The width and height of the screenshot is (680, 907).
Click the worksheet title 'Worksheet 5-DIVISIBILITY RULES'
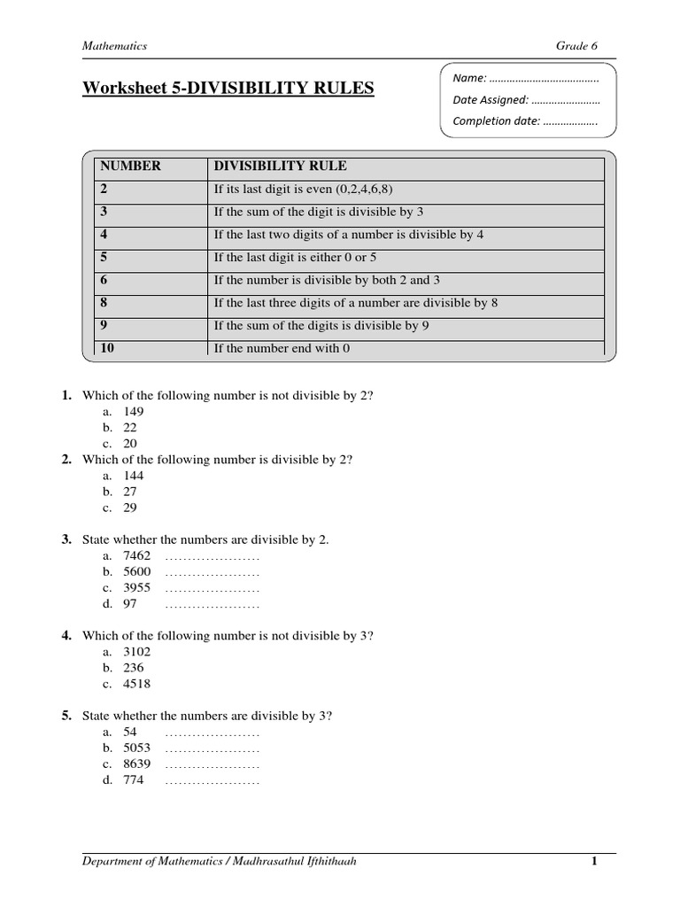pyautogui.click(x=228, y=89)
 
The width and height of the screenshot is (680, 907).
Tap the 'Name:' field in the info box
pyautogui.click(x=525, y=79)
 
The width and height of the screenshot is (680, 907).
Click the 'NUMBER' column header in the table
pyautogui.click(x=130, y=167)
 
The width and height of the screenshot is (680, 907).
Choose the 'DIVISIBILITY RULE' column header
pyautogui.click(x=280, y=167)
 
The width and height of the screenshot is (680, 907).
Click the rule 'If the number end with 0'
pyautogui.click(x=282, y=349)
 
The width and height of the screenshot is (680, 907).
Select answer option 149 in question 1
pyautogui.click(x=134, y=412)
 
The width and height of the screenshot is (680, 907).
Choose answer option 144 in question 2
pyautogui.click(x=134, y=476)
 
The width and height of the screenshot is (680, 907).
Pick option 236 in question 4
pyautogui.click(x=134, y=668)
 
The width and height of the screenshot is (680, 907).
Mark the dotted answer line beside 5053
pyautogui.click(x=212, y=749)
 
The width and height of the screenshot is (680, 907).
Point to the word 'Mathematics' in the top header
pyautogui.click(x=114, y=46)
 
